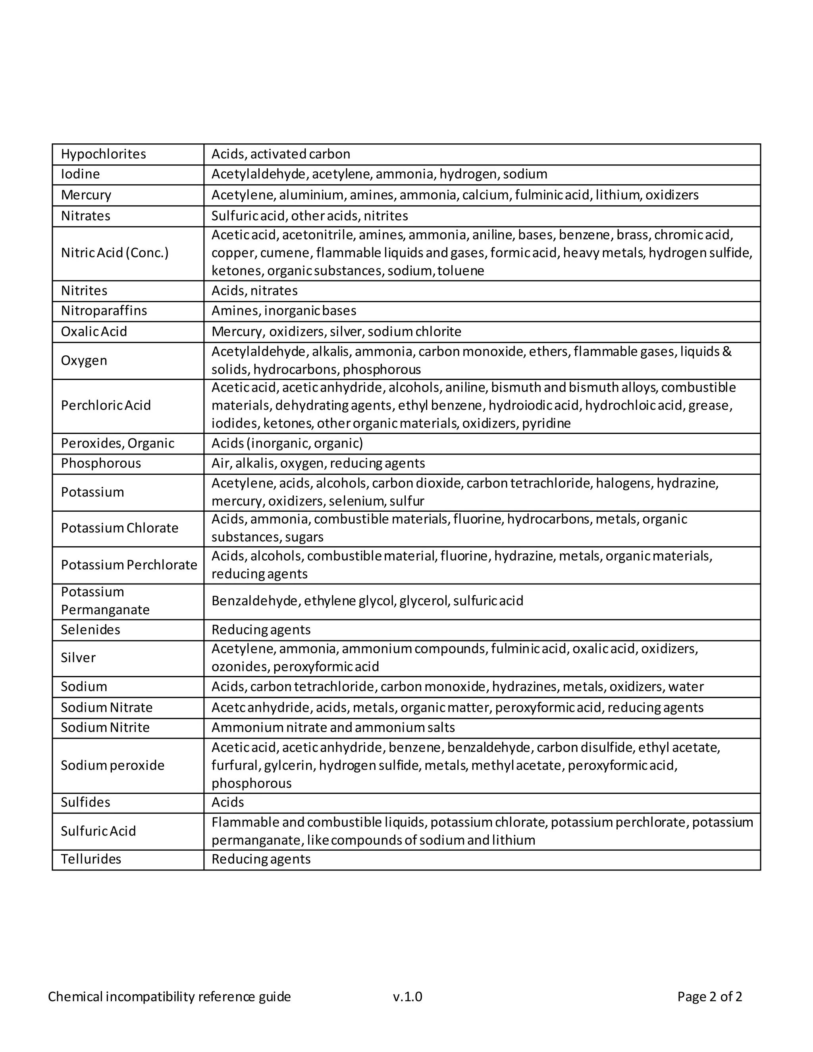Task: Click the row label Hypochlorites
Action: click(103, 154)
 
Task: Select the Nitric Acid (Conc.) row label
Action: click(115, 253)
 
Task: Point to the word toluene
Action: click(460, 271)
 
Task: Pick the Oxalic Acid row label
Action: click(94, 331)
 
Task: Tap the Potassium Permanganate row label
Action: click(105, 601)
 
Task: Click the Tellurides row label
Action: click(91, 859)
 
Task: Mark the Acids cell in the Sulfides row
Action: click(227, 802)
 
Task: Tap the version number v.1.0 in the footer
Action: click(407, 996)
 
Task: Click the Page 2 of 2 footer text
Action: click(709, 996)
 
